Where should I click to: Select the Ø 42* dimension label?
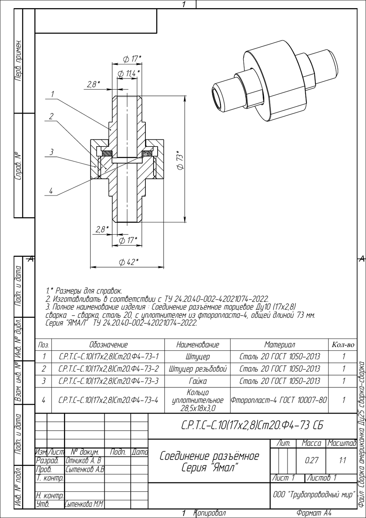(x=129, y=262)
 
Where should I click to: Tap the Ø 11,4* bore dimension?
(x=129, y=74)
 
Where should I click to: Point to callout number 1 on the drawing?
(x=53, y=94)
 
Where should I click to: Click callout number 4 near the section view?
(x=51, y=191)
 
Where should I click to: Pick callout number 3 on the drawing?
(x=51, y=152)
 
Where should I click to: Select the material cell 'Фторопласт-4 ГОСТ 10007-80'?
(x=279, y=400)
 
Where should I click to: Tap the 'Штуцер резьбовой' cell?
(x=198, y=369)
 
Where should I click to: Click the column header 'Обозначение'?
(x=108, y=344)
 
